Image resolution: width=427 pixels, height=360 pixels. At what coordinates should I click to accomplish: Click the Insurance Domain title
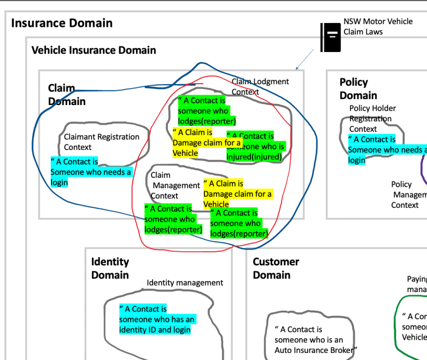tap(62, 23)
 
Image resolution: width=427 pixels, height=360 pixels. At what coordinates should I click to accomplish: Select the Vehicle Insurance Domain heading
tap(93, 50)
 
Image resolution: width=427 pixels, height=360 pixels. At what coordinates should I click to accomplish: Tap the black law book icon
tap(330, 37)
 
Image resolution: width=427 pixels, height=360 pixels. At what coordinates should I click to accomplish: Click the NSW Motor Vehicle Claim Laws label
tap(378, 27)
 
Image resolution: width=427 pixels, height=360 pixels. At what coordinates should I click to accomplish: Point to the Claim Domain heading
tap(67, 95)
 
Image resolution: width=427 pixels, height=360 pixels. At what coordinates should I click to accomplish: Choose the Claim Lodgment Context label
tap(260, 86)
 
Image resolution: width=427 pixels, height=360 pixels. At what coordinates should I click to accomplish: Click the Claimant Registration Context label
tap(102, 142)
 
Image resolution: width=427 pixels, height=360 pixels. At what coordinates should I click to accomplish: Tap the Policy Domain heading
tap(358, 89)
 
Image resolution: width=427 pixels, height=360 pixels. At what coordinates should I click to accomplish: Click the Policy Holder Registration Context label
tap(372, 119)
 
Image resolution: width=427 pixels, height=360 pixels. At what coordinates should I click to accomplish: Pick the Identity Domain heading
tap(110, 269)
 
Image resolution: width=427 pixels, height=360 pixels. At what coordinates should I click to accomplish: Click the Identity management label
tap(185, 283)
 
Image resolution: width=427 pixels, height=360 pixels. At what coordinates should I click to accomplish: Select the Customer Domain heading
tap(276, 269)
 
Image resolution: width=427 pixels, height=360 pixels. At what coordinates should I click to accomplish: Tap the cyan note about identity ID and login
tap(157, 320)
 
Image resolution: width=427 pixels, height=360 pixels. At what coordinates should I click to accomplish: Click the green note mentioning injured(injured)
tap(255, 147)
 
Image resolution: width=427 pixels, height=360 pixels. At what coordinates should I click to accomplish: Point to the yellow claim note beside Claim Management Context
tap(237, 194)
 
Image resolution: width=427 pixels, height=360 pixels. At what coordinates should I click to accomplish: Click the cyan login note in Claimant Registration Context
tap(91, 172)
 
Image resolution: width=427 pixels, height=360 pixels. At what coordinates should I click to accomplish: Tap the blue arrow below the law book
tap(306, 59)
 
